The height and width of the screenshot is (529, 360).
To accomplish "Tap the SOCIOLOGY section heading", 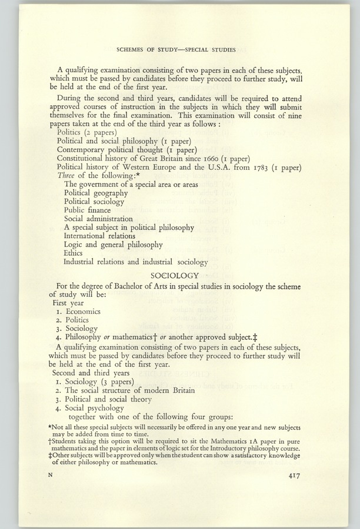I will click(x=175, y=275).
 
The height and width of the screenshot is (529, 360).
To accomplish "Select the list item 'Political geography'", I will click(x=95, y=192).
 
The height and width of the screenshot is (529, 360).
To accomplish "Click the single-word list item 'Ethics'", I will click(x=73, y=253).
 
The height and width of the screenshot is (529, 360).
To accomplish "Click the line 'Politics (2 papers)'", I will click(x=86, y=132).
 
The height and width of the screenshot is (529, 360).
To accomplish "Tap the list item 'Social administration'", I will click(x=98, y=219).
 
